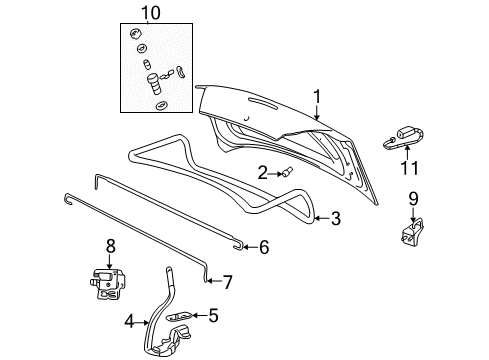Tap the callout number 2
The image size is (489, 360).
[x=262, y=173]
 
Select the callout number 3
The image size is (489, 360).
[x=336, y=217]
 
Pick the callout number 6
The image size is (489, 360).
[x=264, y=246]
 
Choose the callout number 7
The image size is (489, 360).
[x=228, y=282]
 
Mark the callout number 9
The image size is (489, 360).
[x=413, y=198]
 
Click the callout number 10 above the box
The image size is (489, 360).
[x=150, y=13]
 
